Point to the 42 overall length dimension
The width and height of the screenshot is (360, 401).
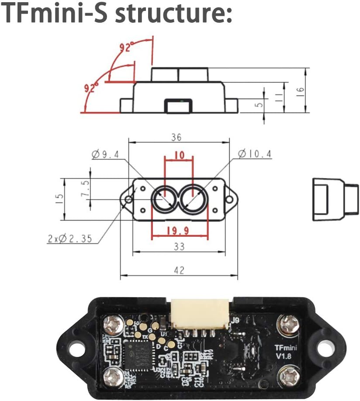(179, 270)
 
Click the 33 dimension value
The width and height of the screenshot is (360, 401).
(179, 247)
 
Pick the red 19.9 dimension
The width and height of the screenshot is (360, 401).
(180, 230)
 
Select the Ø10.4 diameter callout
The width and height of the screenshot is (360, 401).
(255, 154)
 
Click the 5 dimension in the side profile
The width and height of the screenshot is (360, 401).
(260, 105)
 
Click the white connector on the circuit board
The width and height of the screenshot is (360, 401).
(200, 314)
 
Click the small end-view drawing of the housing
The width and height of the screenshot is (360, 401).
(335, 198)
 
